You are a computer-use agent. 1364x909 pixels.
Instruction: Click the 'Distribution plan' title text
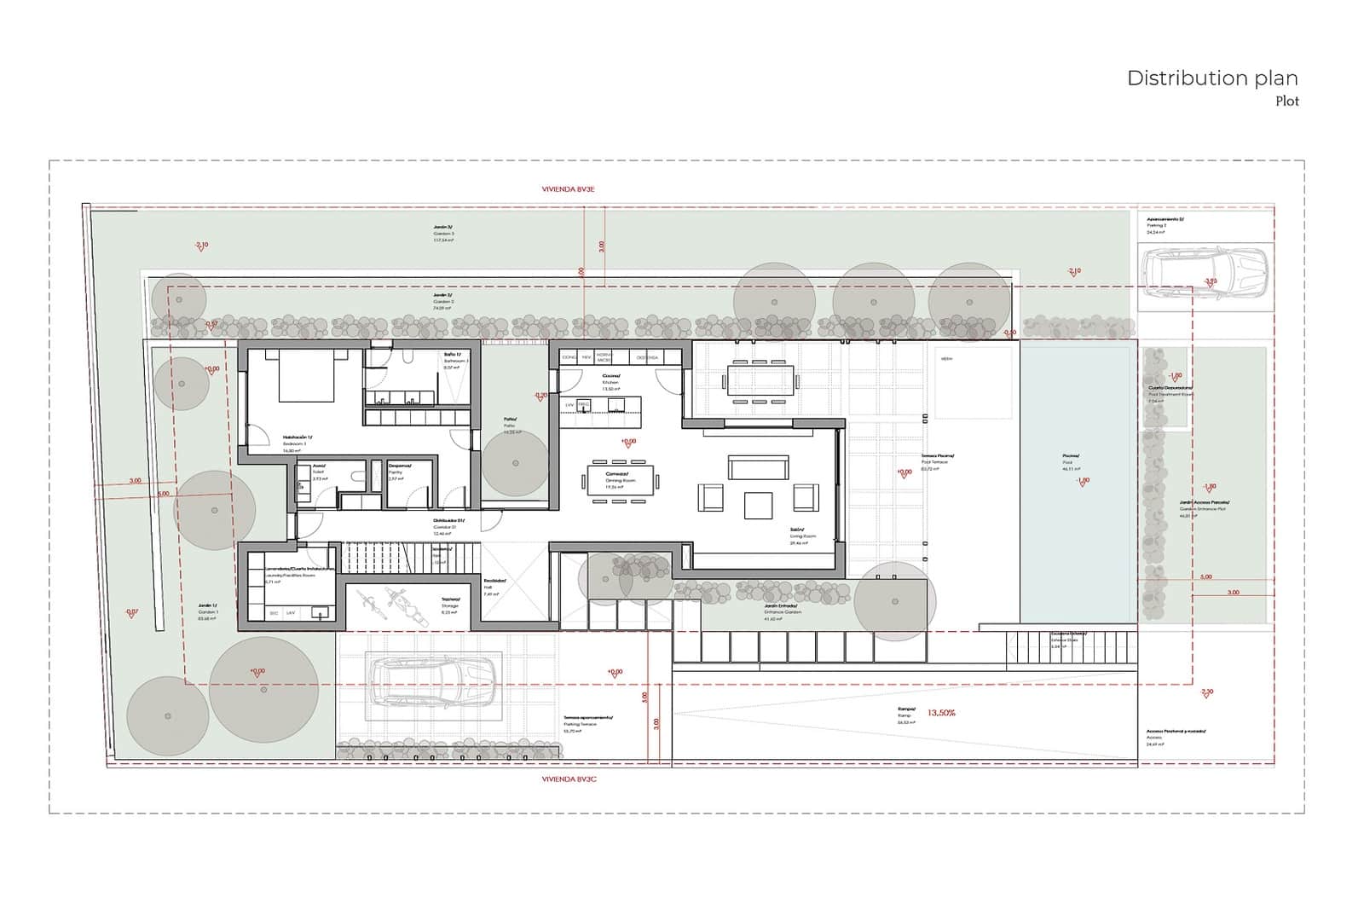(x=1211, y=78)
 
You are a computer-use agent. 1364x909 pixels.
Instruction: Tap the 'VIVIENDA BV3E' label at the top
(x=568, y=189)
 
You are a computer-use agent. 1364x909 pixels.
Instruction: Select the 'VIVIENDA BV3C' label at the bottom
(x=568, y=779)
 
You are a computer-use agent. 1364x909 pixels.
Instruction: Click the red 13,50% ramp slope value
(x=941, y=712)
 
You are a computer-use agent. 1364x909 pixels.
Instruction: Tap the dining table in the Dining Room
(x=620, y=479)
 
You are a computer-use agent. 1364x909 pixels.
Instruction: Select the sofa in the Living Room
(x=756, y=466)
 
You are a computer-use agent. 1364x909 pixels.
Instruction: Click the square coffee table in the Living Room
(x=758, y=505)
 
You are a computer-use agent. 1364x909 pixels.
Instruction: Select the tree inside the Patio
(x=515, y=463)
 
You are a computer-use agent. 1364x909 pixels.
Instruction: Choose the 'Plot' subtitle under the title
(x=1286, y=101)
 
